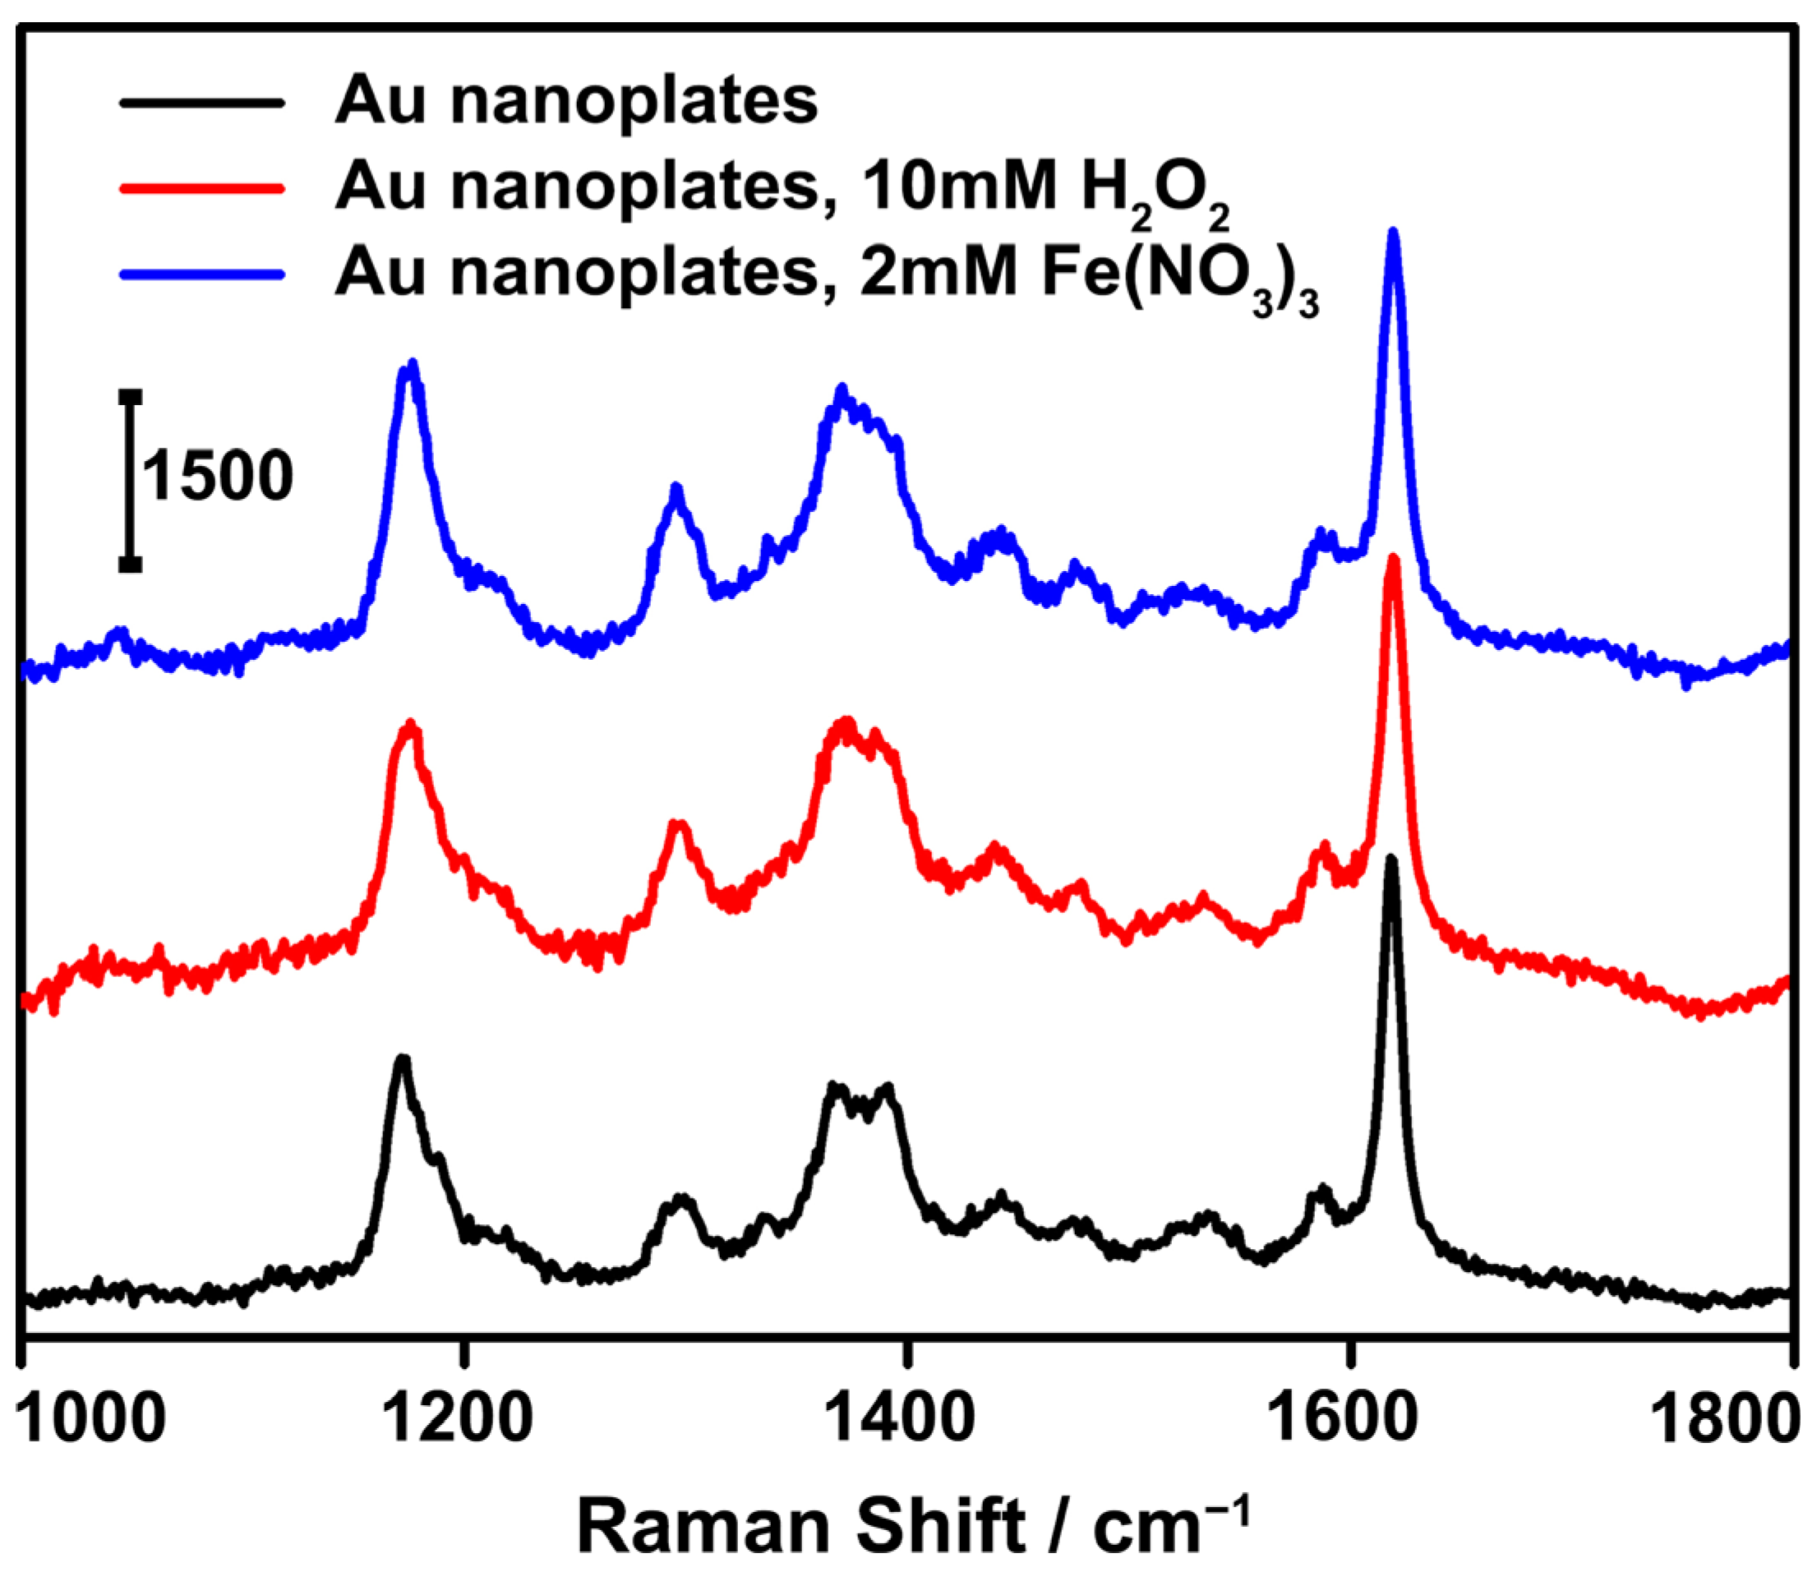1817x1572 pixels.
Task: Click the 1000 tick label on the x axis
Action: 91,1419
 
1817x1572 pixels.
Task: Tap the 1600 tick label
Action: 1342,1419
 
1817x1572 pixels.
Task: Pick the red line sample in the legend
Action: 203,187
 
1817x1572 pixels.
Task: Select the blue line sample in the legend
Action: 203,274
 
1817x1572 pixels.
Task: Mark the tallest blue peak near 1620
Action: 1392,235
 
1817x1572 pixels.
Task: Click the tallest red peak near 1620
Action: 1392,561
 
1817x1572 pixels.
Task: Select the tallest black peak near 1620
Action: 1390,861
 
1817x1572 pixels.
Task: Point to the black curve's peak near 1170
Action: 403,1062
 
